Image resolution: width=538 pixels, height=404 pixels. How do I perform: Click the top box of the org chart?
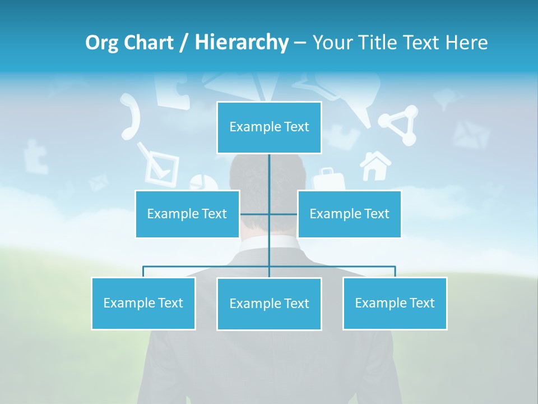coord(269,127)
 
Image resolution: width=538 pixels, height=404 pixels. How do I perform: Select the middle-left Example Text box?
coord(187,214)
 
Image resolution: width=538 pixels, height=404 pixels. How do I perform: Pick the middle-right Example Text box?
coord(349,214)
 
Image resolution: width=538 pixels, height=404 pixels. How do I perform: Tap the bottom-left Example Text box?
coord(143,303)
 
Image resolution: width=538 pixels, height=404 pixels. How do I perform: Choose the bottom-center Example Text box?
coord(269,304)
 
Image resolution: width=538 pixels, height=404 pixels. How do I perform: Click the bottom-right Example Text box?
coord(395,303)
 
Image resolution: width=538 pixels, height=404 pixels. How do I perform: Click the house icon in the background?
coord(375,166)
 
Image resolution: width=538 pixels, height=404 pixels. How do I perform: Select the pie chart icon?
coord(203,182)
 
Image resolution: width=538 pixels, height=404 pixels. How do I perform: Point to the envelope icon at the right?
coord(471,135)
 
